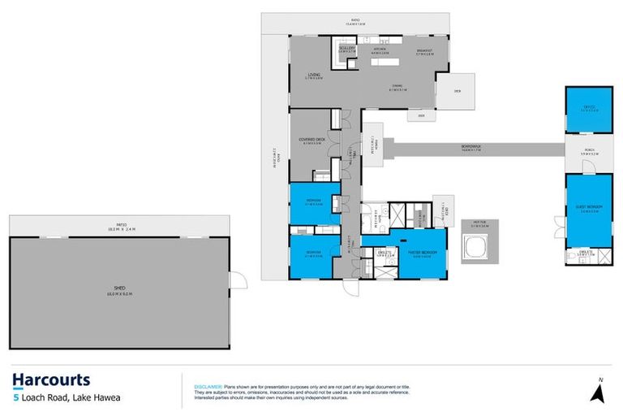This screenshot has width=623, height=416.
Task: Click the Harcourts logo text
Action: pyautogui.click(x=51, y=379)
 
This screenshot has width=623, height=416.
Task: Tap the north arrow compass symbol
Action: pyautogui.click(x=599, y=393)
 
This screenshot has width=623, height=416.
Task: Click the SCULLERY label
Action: pyautogui.click(x=347, y=48)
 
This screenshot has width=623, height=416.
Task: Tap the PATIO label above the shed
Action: pyautogui.click(x=118, y=228)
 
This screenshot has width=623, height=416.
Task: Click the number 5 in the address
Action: pyautogui.click(x=15, y=398)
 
